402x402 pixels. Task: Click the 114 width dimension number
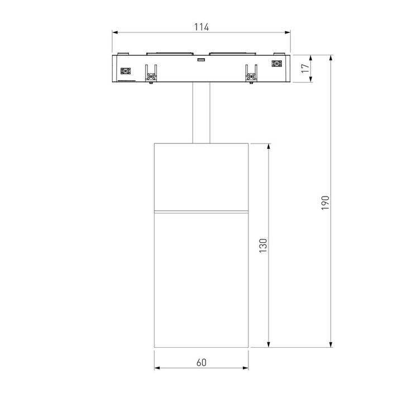pos(202,27)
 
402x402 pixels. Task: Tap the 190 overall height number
pos(326,202)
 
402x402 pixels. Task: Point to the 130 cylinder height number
pos(264,245)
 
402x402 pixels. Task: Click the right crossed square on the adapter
pos(276,64)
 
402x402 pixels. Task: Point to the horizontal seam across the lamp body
pos(202,213)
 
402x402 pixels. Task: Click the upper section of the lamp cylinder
pos(202,178)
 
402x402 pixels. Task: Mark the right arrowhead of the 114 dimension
pos(289,33)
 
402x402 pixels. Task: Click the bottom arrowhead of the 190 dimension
pos(332,344)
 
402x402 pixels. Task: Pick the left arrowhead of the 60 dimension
pos(157,368)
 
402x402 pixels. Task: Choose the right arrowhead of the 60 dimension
pos(246,368)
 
